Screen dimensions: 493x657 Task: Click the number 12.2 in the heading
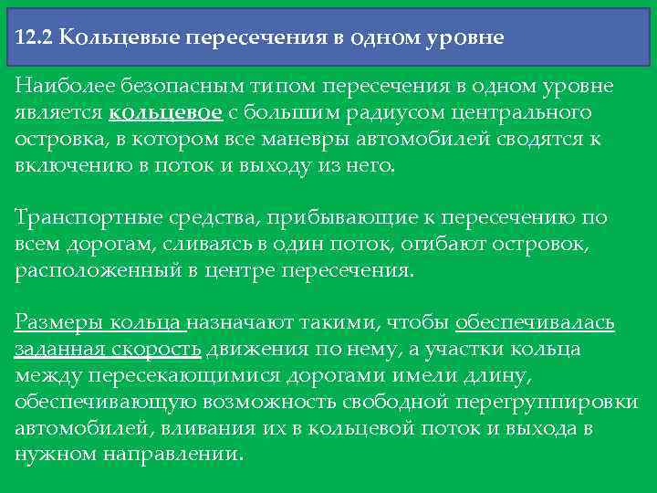tap(35, 39)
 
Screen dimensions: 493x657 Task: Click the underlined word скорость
tap(163, 350)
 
